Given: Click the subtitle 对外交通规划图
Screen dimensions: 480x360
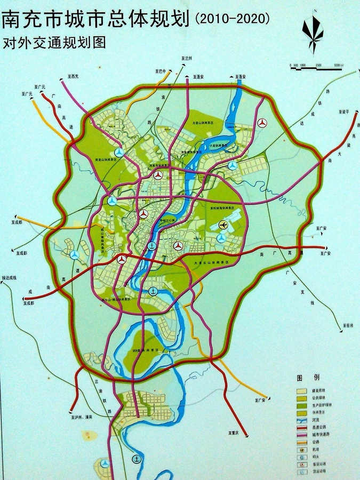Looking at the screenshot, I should pyautogui.click(x=54, y=43).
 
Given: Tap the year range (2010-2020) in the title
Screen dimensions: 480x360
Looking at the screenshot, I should pyautogui.click(x=233, y=19).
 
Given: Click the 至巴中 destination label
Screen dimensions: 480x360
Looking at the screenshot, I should pyautogui.click(x=161, y=71).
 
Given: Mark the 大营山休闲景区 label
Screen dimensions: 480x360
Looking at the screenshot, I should pyautogui.click(x=203, y=123).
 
